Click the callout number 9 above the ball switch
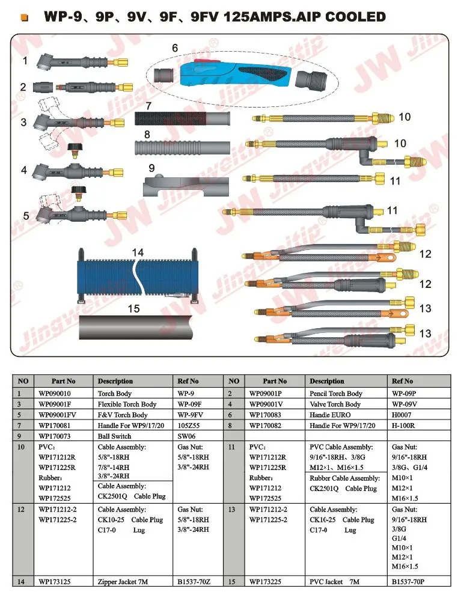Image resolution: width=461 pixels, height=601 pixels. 151,169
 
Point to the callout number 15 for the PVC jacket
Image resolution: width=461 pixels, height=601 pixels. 134,309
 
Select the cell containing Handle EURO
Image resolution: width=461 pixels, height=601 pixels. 328,415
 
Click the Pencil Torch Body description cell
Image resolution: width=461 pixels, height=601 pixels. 336,394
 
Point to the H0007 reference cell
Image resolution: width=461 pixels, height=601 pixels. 403,415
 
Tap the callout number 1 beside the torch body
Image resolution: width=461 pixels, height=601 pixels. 25,61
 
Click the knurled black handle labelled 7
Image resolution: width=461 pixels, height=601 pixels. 180,118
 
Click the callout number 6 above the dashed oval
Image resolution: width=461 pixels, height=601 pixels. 175,47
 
